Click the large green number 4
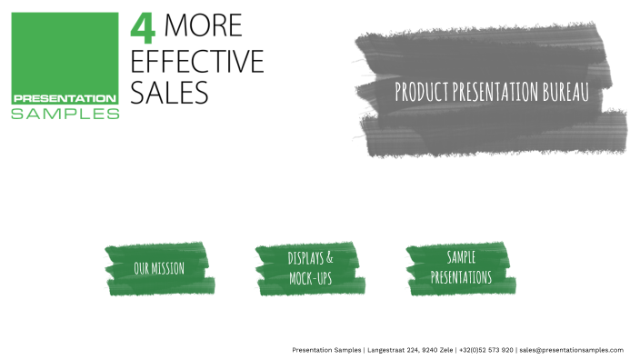(144, 26)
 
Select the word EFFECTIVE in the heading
(197, 60)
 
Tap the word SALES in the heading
(170, 92)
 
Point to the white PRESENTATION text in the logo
(64, 98)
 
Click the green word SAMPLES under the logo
(65, 114)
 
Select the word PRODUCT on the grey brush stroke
(421, 92)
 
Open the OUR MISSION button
(159, 268)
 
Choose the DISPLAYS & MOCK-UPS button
(310, 268)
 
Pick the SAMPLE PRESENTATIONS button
(461, 268)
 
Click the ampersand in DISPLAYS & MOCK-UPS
(329, 258)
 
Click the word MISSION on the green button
(169, 268)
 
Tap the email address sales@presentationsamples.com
(571, 350)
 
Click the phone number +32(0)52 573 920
(486, 350)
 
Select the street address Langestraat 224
(394, 350)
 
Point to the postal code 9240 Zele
(439, 350)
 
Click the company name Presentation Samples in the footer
(326, 350)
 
